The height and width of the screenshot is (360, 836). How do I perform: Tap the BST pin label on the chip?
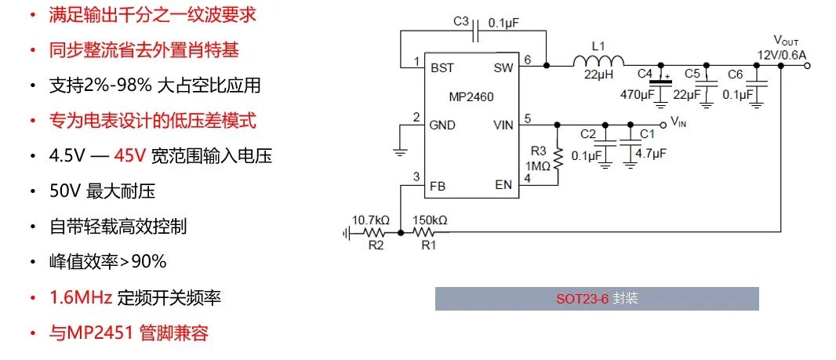click(x=442, y=68)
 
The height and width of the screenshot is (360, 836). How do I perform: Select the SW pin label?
click(x=503, y=68)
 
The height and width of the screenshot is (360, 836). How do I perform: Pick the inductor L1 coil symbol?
click(x=598, y=62)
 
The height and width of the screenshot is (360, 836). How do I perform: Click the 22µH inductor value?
click(x=598, y=75)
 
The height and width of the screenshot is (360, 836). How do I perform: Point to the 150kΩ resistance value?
click(x=430, y=220)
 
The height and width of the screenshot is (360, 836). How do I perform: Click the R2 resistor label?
click(x=376, y=245)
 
